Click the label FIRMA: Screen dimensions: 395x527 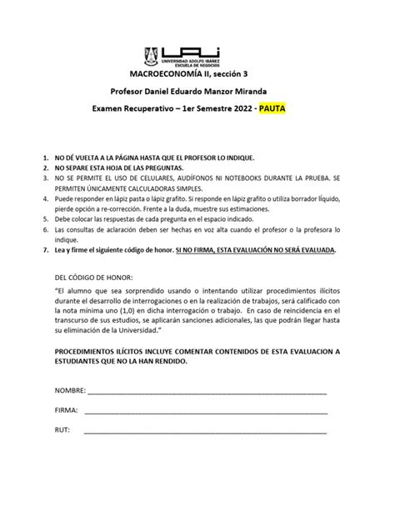pyautogui.click(x=66, y=410)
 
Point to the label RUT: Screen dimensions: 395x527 pyautogui.click(x=62, y=430)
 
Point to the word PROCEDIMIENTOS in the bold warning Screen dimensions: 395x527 pyautogui.click(x=94, y=351)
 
